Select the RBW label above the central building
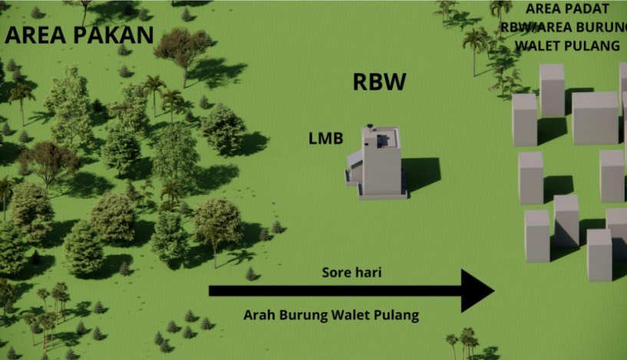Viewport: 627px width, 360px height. pyautogui.click(x=379, y=83)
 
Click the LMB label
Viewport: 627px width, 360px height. pyautogui.click(x=325, y=139)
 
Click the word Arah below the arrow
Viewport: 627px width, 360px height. pyautogui.click(x=259, y=315)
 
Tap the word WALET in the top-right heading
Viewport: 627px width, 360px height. pyautogui.click(x=538, y=45)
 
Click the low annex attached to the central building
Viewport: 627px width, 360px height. pyautogui.click(x=355, y=167)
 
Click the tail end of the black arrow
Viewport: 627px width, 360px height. pyautogui.click(x=212, y=291)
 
